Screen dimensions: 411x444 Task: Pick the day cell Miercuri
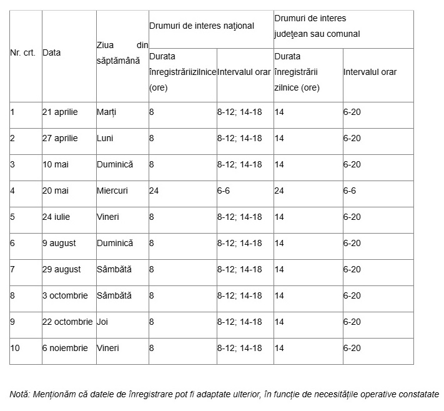112,191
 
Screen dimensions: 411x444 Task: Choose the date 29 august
61,269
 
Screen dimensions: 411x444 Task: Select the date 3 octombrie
67,295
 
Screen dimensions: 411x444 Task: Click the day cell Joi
102,322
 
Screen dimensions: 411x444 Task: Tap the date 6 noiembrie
65,348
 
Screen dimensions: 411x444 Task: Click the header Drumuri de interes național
202,26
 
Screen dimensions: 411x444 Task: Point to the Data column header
52,53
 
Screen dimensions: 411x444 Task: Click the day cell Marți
107,112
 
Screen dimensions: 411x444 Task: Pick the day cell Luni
105,138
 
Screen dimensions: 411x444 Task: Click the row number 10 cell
15,348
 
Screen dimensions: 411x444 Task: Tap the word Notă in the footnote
19,394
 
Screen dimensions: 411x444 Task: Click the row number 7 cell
12,269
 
